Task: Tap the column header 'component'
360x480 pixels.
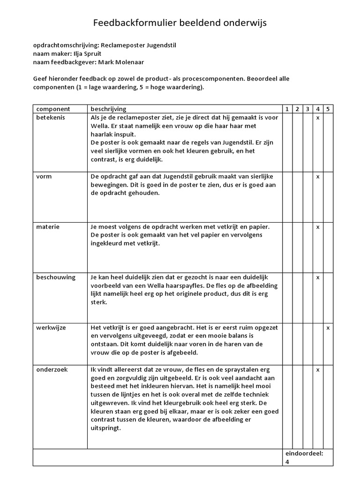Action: tap(53, 109)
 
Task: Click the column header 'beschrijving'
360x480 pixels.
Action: tap(108, 109)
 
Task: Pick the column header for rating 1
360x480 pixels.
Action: tap(287, 109)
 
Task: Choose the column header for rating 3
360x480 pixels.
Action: tap(307, 109)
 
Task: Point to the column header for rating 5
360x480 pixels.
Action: tap(328, 109)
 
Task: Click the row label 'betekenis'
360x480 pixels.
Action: tap(51, 118)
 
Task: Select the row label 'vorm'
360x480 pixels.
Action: tap(44, 176)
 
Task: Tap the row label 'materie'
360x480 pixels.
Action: tap(47, 227)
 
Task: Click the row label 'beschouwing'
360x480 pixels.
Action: tap(56, 277)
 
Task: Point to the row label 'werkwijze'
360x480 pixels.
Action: tap(51, 327)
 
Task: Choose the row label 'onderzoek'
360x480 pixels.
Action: tap(52, 369)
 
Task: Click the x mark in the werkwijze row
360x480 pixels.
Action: tap(328, 327)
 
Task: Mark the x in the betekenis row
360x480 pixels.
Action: tap(318, 118)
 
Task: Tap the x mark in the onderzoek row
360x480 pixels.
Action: tap(318, 369)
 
